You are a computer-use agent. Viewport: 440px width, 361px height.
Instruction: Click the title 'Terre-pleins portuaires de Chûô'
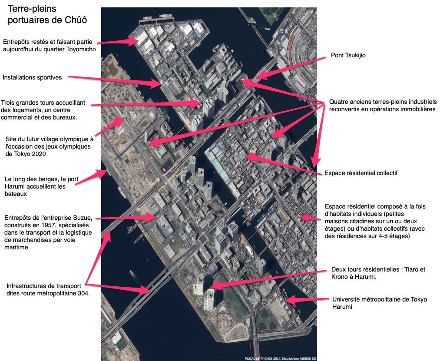point(47,14)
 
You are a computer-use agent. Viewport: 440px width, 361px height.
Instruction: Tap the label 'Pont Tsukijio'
point(348,55)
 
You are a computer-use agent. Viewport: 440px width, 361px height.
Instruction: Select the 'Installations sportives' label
point(32,77)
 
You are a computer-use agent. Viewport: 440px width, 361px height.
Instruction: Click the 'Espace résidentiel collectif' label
point(361,173)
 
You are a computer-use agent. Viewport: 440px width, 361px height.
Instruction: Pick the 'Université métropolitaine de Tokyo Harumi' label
point(379,303)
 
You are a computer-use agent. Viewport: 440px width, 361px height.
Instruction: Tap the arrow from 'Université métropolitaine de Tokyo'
point(307,299)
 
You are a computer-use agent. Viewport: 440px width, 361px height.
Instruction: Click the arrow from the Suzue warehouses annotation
point(126,217)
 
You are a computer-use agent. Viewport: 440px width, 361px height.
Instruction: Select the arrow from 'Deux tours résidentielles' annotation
point(268,279)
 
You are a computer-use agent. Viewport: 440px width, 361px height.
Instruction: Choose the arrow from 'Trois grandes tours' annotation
point(146,104)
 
